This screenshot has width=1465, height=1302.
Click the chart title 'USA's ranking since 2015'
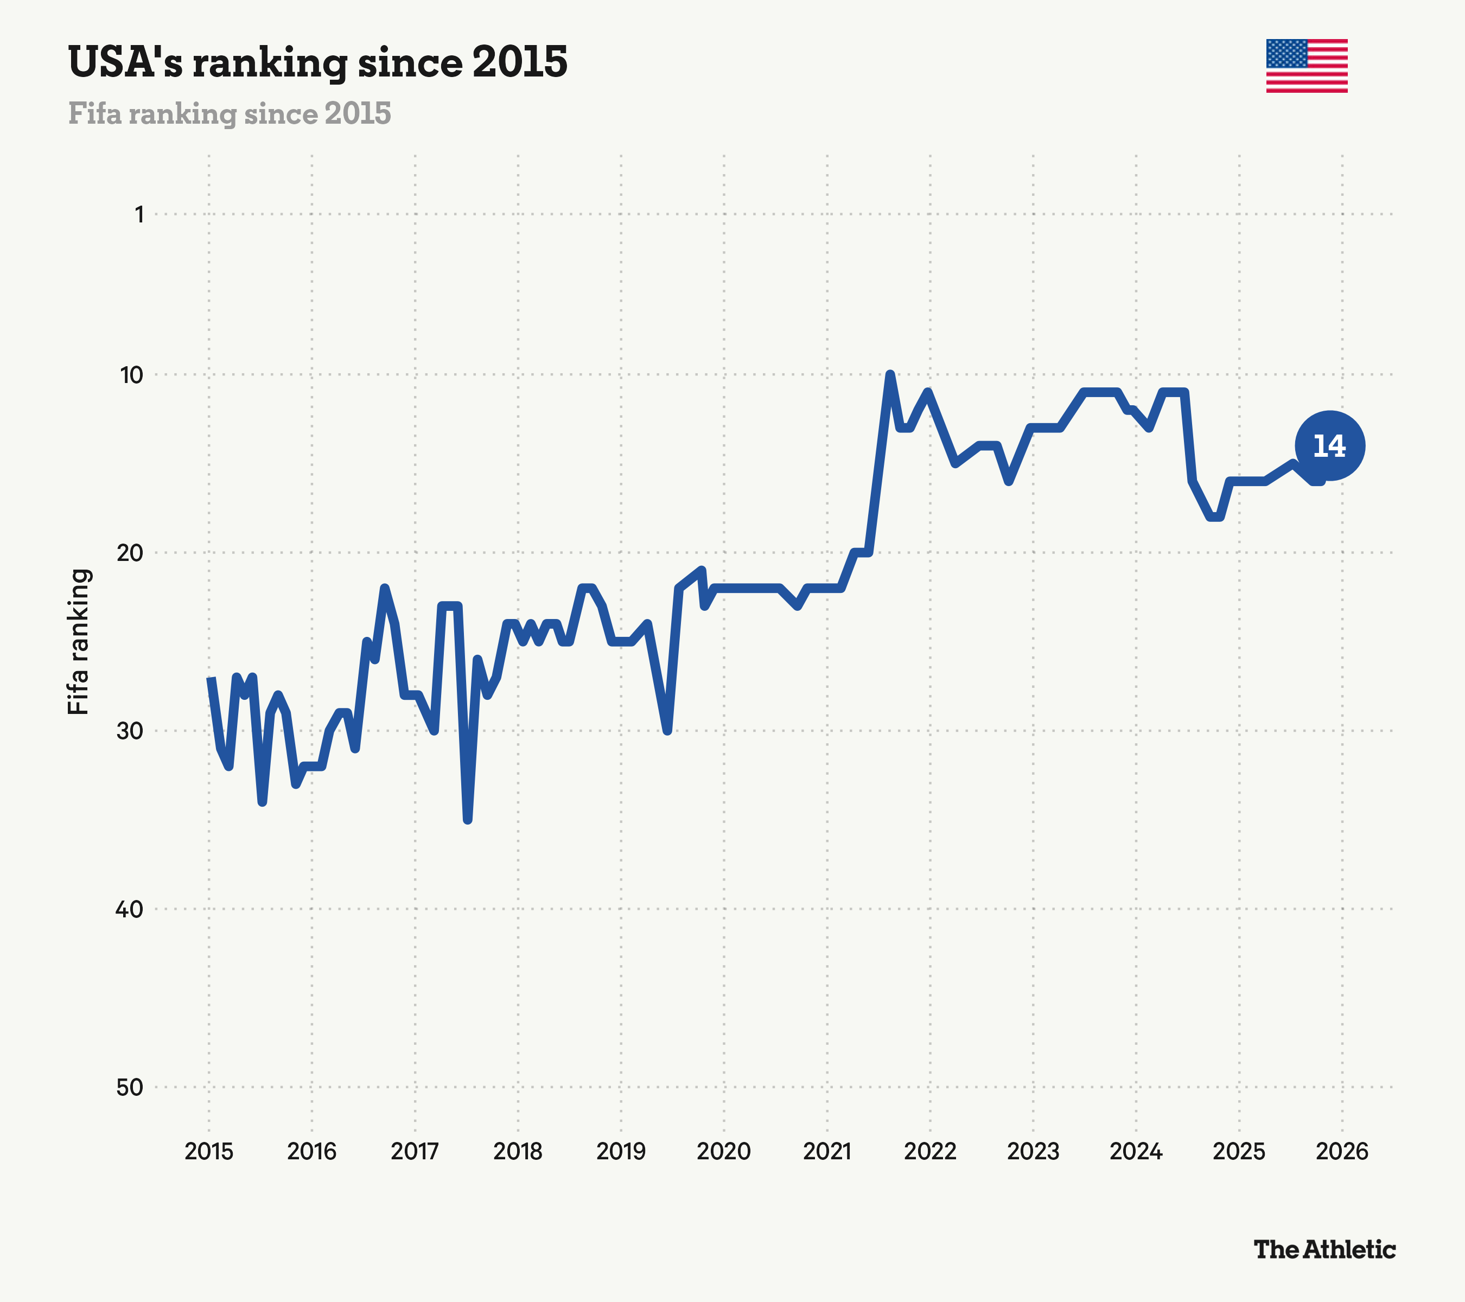coord(317,62)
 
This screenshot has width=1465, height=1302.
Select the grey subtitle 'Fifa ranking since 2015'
coord(230,114)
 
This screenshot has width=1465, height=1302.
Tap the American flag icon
coord(1307,66)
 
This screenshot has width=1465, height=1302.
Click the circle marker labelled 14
coord(1329,446)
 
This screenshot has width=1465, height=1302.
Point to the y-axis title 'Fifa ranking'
coord(78,642)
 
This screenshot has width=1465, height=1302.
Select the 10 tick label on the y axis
coord(132,375)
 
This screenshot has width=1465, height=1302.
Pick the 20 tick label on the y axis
coord(130,552)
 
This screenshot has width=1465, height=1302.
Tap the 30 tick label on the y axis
coord(130,731)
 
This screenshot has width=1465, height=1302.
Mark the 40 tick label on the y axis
coord(130,909)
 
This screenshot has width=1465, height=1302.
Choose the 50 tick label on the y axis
coord(130,1088)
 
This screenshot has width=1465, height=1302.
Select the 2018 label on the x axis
coord(518,1152)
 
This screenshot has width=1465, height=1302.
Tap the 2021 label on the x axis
coord(826,1152)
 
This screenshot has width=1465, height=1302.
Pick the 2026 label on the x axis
coord(1342,1152)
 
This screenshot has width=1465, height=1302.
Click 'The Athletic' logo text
coord(1324,1250)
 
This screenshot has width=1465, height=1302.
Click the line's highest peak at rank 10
coord(889,375)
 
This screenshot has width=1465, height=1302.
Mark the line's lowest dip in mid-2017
coord(467,820)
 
